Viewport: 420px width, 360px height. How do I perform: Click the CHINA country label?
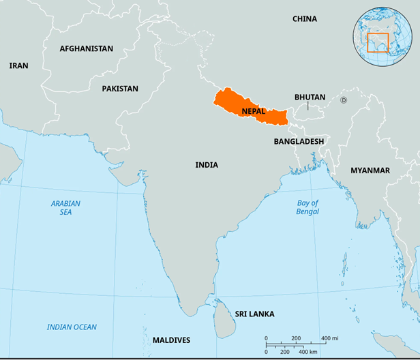(x=304, y=19)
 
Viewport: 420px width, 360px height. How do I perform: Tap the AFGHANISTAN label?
(x=86, y=49)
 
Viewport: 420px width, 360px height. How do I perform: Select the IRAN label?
(x=18, y=66)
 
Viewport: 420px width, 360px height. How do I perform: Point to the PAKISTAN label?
(x=120, y=89)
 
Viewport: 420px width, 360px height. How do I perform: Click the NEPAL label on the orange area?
(x=254, y=110)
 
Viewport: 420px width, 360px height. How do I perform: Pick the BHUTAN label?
(x=310, y=97)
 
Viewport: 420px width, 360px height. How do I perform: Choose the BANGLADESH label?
(x=299, y=141)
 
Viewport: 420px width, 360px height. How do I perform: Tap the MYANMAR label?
(x=370, y=170)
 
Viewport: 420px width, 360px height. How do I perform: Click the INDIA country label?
(x=207, y=165)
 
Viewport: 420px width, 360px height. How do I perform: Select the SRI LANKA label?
(x=254, y=314)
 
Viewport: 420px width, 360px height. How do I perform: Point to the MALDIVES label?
(x=171, y=340)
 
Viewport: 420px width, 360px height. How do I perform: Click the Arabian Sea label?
(x=65, y=208)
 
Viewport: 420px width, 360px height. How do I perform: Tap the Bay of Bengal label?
(x=307, y=208)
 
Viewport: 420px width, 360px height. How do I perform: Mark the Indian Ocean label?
(x=72, y=327)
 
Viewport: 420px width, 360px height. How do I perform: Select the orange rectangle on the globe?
(x=377, y=42)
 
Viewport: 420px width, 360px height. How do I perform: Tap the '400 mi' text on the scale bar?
(x=329, y=338)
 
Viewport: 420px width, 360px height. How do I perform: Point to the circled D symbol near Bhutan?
(x=344, y=100)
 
